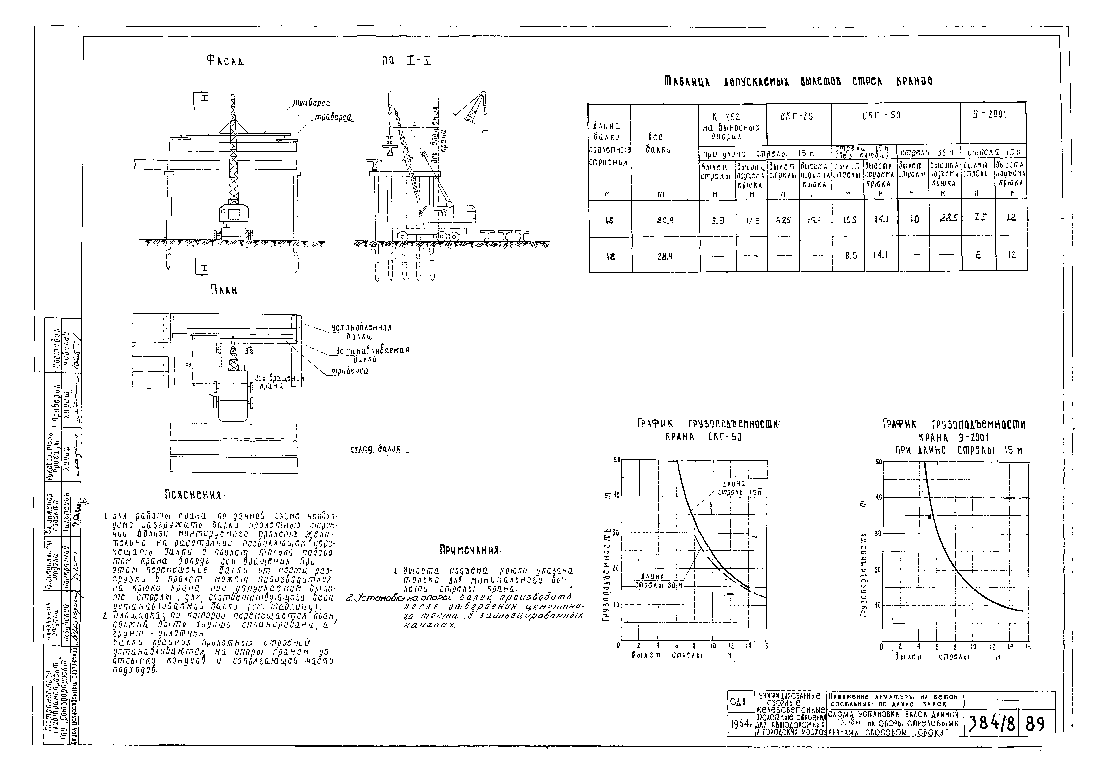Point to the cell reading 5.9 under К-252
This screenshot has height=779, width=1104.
[717, 220]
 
